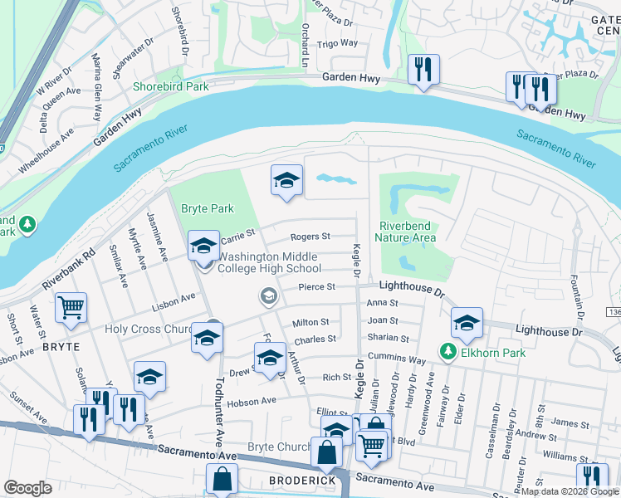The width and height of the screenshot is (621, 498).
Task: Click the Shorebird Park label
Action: (171, 85)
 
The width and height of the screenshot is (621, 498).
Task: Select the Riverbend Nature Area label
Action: (407, 232)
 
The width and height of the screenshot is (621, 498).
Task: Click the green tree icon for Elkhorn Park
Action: (448, 352)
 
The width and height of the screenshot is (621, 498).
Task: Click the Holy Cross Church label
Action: (149, 329)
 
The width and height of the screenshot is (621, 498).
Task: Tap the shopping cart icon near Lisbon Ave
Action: (71, 308)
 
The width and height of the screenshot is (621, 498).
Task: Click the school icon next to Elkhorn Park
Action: (467, 324)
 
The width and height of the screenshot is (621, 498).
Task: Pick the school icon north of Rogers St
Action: (286, 180)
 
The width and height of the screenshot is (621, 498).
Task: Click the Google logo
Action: (28, 488)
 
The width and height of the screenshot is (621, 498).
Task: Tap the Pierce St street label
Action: (316, 287)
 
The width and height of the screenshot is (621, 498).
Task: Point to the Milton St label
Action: (310, 322)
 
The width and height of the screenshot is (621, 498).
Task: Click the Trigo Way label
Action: (338, 43)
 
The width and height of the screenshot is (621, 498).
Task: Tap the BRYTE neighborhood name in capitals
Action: (61, 346)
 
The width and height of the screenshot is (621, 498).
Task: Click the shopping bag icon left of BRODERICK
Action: (222, 479)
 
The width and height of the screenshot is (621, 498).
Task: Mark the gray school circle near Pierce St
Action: (268, 295)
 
